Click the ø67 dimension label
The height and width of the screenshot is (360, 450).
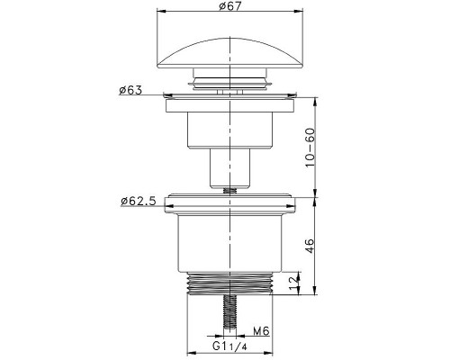point(230,6)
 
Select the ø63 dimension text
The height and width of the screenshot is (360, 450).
point(130,90)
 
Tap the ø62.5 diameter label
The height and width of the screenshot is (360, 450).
point(139,201)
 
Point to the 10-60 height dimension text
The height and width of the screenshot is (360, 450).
point(310,148)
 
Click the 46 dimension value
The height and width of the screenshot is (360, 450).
point(310,246)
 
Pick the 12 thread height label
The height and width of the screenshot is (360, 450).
point(294,283)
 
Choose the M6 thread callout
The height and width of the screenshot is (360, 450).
point(261,331)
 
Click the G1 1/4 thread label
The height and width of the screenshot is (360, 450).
point(229,346)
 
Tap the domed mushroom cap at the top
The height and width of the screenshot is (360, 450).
point(229,53)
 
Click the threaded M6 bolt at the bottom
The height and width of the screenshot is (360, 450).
point(230,313)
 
